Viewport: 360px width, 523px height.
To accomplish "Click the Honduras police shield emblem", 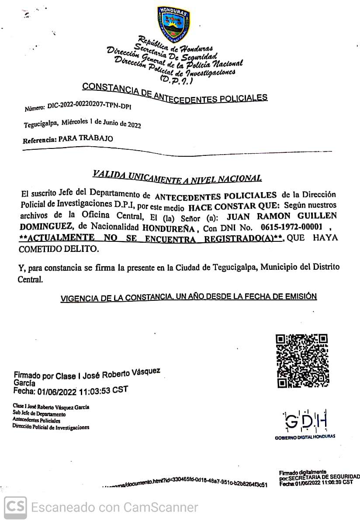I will click(x=173, y=25).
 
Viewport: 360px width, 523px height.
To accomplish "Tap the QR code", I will click(x=302, y=361).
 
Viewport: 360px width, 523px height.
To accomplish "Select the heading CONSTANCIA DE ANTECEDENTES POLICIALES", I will click(x=175, y=93).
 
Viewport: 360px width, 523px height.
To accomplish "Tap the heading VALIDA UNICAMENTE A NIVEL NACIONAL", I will click(x=177, y=176).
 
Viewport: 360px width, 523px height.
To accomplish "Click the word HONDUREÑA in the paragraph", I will click(x=168, y=227).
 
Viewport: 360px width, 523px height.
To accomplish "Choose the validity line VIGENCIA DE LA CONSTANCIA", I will click(x=188, y=297).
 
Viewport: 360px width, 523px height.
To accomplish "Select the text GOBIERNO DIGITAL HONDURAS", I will click(x=305, y=437).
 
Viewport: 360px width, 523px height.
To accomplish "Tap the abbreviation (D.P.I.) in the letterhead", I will click(x=174, y=80).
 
